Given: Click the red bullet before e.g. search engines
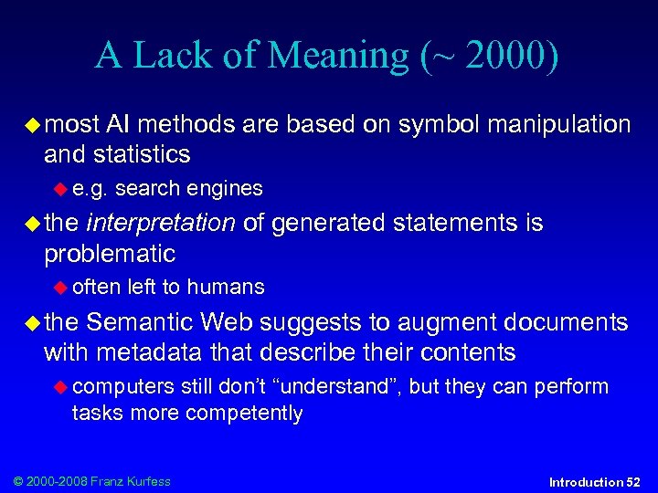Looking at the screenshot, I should tap(60, 189).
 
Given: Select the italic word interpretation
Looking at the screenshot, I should tap(162, 223).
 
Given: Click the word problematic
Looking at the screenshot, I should tap(110, 253).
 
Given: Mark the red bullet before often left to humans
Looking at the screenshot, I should tap(60, 288).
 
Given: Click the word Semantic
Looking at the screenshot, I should tap(141, 322).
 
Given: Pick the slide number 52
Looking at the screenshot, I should tap(632, 481).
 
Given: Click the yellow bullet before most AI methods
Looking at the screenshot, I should tap(33, 124).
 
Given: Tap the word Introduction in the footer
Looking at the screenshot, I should tap(585, 481).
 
